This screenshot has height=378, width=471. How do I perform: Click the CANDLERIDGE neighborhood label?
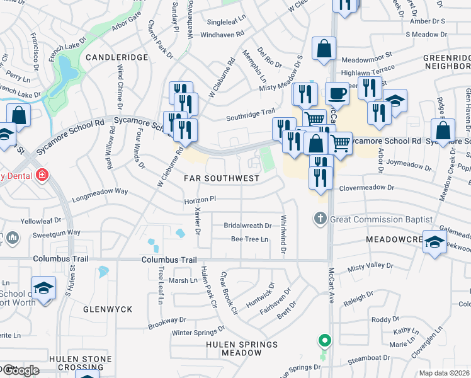(x=116, y=57)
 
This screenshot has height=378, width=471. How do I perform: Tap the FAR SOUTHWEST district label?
(x=221, y=178)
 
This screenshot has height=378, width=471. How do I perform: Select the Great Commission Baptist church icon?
(x=320, y=219)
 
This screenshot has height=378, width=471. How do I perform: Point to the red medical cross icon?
(x=42, y=174)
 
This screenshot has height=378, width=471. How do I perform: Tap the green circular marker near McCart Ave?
(x=324, y=341)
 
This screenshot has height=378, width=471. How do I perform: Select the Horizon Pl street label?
(x=200, y=198)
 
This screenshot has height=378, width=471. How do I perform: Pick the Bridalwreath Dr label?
(x=247, y=225)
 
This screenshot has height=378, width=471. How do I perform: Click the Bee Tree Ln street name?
(x=249, y=239)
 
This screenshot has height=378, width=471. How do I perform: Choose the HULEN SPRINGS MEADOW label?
(x=242, y=348)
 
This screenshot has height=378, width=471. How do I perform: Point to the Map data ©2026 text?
(x=445, y=373)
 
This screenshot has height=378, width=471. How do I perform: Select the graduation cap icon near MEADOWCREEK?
(x=436, y=241)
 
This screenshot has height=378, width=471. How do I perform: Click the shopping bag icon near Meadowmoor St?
(x=324, y=49)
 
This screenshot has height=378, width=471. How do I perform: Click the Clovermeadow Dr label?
(x=366, y=188)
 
